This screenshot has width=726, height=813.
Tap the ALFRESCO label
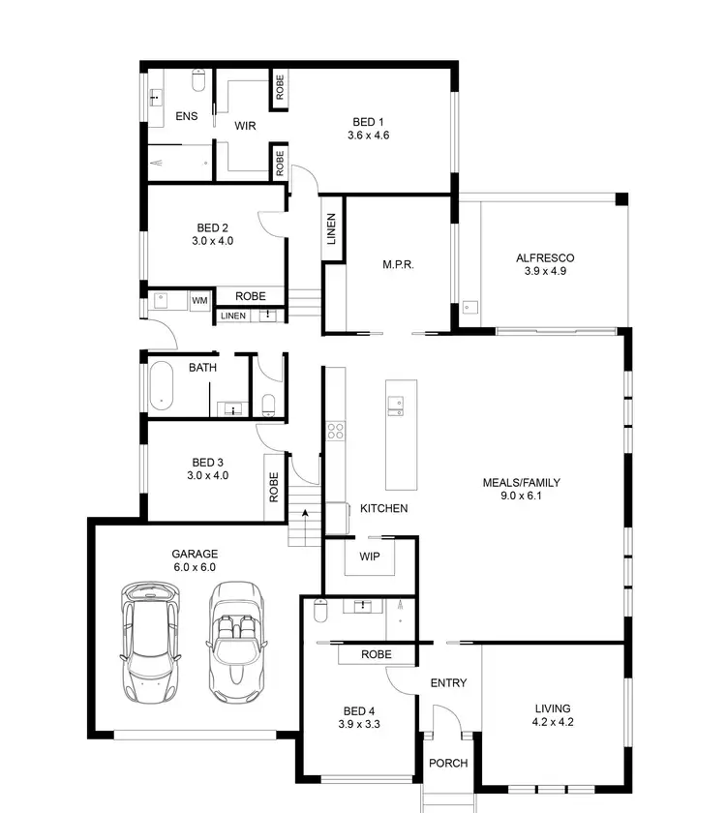(x=545, y=258)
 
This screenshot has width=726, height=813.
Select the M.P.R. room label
(x=398, y=264)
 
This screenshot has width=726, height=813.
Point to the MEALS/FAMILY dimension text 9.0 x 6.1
(x=522, y=497)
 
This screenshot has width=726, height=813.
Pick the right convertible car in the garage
(x=236, y=642)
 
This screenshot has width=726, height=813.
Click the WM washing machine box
(x=199, y=301)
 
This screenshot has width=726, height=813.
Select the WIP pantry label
(x=370, y=557)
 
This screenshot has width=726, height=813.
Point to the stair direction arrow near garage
(x=305, y=513)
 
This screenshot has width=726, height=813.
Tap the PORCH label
(x=448, y=764)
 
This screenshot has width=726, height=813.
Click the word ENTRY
(x=448, y=683)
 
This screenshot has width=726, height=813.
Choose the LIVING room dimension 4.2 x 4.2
(x=551, y=722)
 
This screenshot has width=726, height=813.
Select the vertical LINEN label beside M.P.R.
(x=331, y=229)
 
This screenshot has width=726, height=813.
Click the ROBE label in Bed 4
(x=377, y=655)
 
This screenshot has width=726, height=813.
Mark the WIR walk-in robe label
(x=245, y=126)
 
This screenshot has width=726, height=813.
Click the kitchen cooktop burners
(x=336, y=431)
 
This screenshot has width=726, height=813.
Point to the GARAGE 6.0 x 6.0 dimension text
(x=195, y=568)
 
